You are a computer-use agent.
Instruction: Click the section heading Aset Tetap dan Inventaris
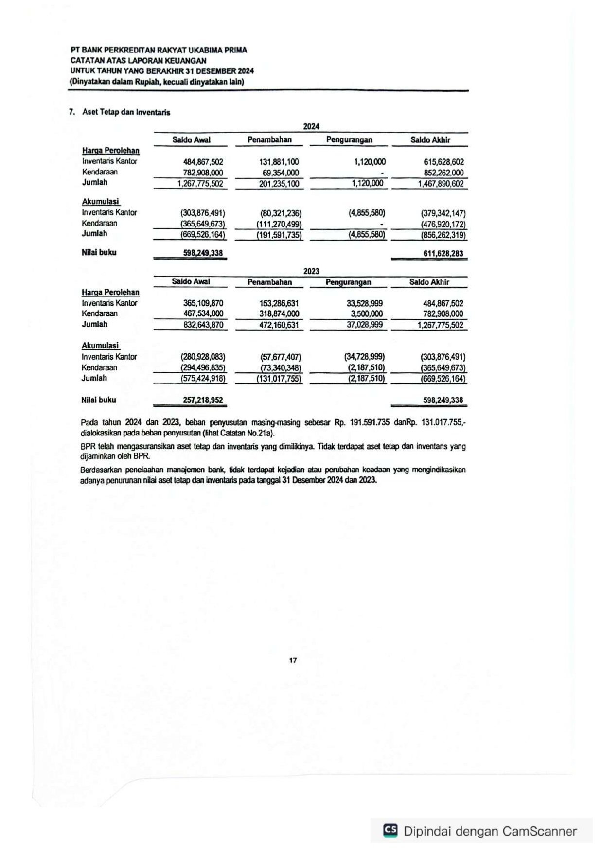tap(126, 112)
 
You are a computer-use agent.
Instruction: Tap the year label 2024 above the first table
tap(311, 126)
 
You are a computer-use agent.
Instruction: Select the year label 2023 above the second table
tap(311, 271)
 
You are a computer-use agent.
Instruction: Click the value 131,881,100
tap(279, 162)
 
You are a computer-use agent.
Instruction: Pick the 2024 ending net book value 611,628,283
tap(443, 253)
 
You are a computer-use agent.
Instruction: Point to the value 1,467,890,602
tap(441, 184)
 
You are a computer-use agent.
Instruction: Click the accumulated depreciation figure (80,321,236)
tap(281, 213)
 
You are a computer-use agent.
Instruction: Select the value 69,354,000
tap(281, 173)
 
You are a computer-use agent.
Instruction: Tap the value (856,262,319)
tap(443, 235)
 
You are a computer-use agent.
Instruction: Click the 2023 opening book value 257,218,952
tap(203, 400)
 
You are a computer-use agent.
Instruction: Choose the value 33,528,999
tap(364, 303)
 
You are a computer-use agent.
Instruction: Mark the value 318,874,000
tap(279, 314)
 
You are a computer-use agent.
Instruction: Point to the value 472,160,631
tap(279, 325)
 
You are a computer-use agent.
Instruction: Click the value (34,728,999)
tap(364, 357)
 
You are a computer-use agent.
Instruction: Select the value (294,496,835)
tap(203, 367)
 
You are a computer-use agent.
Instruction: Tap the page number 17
tap(293, 660)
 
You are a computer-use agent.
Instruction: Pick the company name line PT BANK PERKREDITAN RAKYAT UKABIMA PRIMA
tap(159, 50)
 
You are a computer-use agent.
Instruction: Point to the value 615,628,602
tap(443, 162)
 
